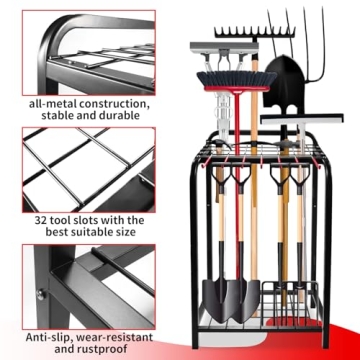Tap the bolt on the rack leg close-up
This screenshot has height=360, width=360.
coord(42,293)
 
